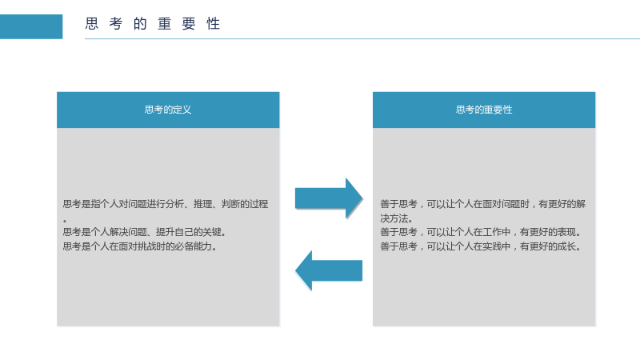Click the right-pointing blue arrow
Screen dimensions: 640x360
point(329,198)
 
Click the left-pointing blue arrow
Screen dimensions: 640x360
point(329,270)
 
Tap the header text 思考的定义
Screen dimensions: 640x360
point(168,110)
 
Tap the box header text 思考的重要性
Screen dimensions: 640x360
point(484,110)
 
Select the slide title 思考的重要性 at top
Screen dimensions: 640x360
point(153,24)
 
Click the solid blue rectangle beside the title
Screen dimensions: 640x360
point(31,26)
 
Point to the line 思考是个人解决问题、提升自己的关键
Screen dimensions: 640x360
point(145,232)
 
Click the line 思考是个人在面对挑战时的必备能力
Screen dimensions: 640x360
point(140,246)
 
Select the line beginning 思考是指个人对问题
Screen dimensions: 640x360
point(166,204)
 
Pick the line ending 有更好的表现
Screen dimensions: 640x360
point(481,232)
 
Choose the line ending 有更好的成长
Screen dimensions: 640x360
point(481,246)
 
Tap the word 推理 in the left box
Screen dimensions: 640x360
point(203,204)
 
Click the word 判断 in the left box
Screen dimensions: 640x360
point(230,204)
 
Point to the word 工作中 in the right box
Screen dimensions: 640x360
point(496,232)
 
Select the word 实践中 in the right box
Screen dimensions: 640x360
point(496,246)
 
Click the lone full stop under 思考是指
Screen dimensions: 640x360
point(65,221)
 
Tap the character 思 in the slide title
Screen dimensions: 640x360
point(92,24)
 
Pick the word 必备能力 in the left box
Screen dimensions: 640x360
point(193,246)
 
